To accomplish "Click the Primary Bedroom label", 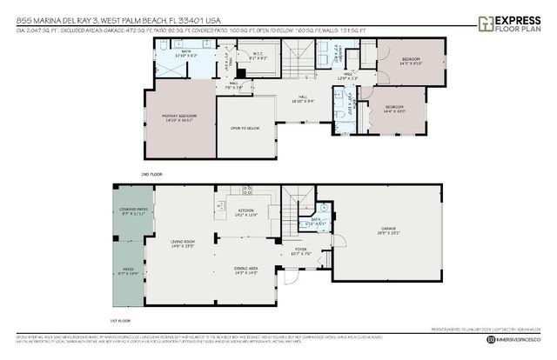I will point(178,117).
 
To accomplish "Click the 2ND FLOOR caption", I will point(151,175).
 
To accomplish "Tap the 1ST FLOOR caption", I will point(126,320).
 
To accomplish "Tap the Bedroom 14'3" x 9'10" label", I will point(410,62).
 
